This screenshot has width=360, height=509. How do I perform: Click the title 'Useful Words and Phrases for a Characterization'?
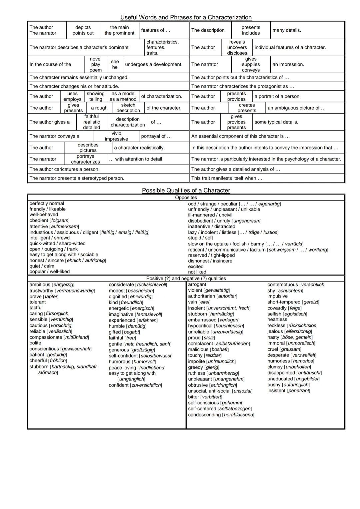[x=186, y=17]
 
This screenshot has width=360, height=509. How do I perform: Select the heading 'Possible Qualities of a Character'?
[x=186, y=191]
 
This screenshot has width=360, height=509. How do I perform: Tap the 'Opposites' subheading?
[x=186, y=198]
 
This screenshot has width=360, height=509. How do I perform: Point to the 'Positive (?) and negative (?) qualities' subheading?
[x=186, y=278]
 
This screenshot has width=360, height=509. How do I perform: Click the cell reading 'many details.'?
[x=286, y=30]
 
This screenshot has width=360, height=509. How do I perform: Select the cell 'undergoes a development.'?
[x=154, y=64]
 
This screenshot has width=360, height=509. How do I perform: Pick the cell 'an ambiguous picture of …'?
[x=296, y=108]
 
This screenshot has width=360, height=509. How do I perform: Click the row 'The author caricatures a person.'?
[x=64, y=169]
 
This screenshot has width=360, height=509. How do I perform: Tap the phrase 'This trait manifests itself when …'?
[x=227, y=178]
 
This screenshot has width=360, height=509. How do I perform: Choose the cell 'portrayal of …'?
[x=156, y=136]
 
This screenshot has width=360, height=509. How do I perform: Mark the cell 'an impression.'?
[x=288, y=64]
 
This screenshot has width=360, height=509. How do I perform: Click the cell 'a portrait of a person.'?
[x=277, y=96]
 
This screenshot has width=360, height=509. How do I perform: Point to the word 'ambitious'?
[x=40, y=285]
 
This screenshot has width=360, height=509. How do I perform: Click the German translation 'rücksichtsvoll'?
[x=152, y=285]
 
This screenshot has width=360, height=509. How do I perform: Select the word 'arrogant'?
[x=197, y=284]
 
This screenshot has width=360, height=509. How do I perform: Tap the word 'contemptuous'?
[x=282, y=285]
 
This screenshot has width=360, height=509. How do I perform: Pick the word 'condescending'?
[x=204, y=415]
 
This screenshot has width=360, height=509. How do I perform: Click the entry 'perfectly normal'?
[x=47, y=204]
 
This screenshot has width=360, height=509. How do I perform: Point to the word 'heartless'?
[x=277, y=319]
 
